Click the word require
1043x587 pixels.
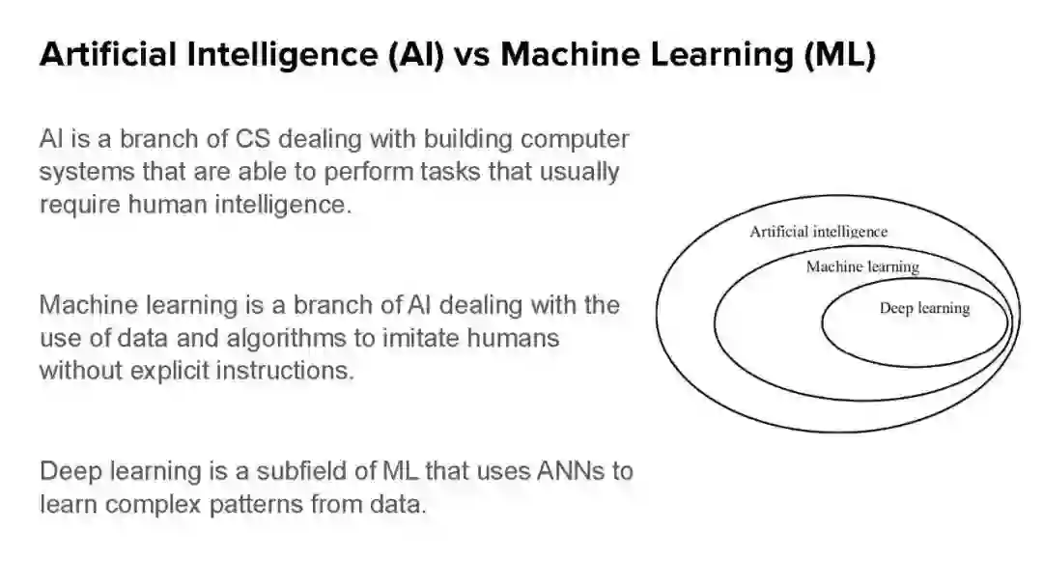pyautogui.click(x=79, y=206)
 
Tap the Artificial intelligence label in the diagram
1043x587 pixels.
pyautogui.click(x=818, y=232)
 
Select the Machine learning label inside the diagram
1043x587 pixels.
pyautogui.click(x=862, y=266)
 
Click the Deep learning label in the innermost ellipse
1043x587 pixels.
pyautogui.click(x=924, y=308)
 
